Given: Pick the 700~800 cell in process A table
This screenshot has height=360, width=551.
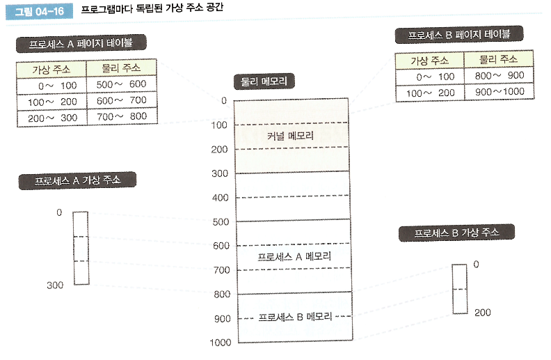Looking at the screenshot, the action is click(x=120, y=116).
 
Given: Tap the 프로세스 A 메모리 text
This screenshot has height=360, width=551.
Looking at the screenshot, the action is click(x=294, y=257).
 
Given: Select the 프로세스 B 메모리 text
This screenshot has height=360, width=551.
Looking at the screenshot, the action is click(x=294, y=317).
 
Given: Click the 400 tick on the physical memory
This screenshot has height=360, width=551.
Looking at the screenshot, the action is click(x=220, y=198).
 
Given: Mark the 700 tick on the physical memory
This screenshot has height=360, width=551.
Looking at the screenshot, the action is click(x=220, y=269).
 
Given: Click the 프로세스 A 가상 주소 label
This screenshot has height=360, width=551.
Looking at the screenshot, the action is click(x=77, y=180).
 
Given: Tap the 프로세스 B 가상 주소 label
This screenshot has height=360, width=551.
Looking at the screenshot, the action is click(x=456, y=233).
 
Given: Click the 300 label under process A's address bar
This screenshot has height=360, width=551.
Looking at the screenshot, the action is click(x=55, y=285).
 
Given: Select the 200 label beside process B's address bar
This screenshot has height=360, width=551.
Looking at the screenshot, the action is click(x=482, y=313).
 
